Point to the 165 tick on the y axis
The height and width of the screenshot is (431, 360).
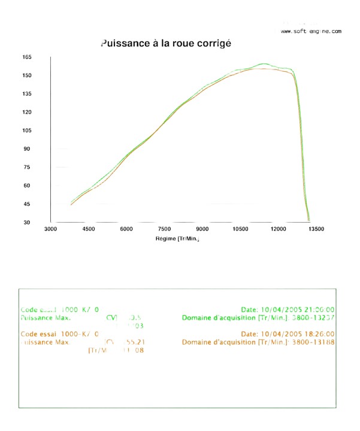coord(27,57)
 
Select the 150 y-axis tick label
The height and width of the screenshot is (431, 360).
coord(27,75)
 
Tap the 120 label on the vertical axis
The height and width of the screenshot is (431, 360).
coord(27,112)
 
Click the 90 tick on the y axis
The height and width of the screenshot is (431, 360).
coord(27,148)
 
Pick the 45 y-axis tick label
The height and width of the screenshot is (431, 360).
coord(27,204)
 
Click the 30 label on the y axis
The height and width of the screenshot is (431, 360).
coord(27,222)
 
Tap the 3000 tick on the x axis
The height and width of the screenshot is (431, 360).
coord(50,229)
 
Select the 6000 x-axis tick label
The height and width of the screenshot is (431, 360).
coord(126,229)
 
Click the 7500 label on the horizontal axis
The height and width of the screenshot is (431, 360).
coord(164,229)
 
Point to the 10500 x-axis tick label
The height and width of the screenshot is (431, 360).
coord(240,229)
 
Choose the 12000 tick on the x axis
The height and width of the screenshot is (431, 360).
coord(278,229)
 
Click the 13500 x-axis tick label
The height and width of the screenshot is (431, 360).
coord(316,229)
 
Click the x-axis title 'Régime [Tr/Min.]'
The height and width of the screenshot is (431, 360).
coord(177,239)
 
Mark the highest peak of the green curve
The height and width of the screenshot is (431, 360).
coord(264,63)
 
